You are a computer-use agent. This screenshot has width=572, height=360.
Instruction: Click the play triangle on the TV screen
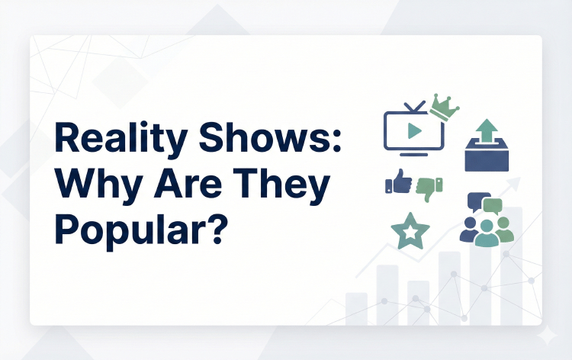coord(414,130)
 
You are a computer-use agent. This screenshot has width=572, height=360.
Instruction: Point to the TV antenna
coord(413,107)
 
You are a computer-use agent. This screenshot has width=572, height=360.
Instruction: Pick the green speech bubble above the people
coord(493,206)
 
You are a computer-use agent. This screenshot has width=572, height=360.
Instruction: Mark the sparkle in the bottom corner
coord(547,336)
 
